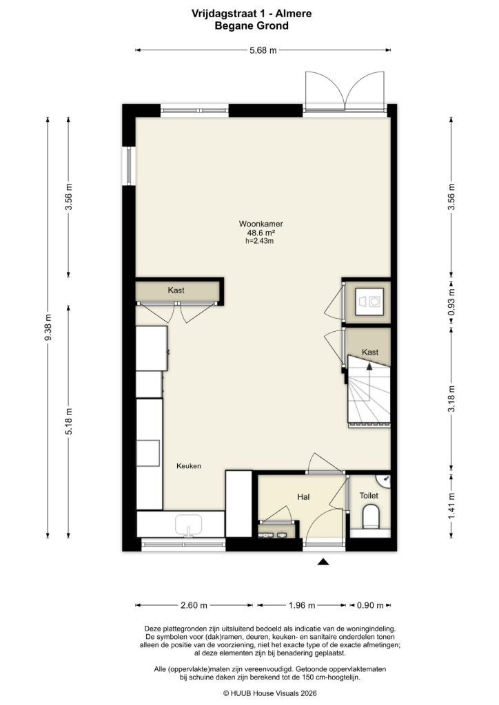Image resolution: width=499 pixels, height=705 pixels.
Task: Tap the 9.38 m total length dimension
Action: (48, 326)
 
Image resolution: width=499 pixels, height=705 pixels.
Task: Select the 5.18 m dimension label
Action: (68, 421)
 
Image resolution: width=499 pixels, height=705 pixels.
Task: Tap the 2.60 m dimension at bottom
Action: (194, 606)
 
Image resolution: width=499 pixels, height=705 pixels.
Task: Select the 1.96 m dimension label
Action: (301, 606)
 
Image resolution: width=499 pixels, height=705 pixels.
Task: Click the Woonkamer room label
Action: (261, 224)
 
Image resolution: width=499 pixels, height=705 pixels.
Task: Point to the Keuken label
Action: (188, 466)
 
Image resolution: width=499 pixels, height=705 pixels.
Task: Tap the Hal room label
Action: (303, 496)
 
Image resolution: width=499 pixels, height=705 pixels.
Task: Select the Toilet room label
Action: (369, 495)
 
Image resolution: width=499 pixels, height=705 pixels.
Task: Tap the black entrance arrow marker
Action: (323, 562)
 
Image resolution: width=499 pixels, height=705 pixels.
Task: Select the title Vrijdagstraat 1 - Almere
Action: (250, 12)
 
